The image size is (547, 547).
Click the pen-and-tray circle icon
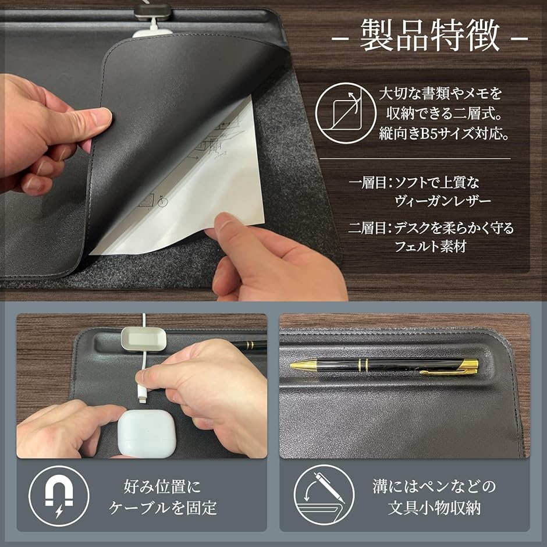point(324,495)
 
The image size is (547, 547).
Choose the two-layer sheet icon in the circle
point(346,112)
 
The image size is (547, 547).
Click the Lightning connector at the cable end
point(142,394)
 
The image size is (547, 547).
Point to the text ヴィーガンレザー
point(443,201)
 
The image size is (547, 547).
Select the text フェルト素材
point(431,246)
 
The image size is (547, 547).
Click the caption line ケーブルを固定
point(162,507)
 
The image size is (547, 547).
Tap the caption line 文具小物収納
point(434,507)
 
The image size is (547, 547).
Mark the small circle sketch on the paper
point(162,202)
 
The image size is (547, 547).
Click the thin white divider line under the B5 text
point(415,159)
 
